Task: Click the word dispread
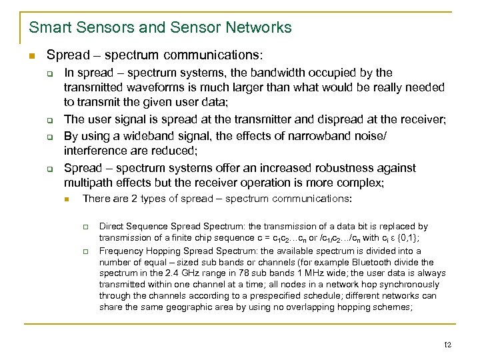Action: (x=345, y=119)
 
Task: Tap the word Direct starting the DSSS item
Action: (x=112, y=227)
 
